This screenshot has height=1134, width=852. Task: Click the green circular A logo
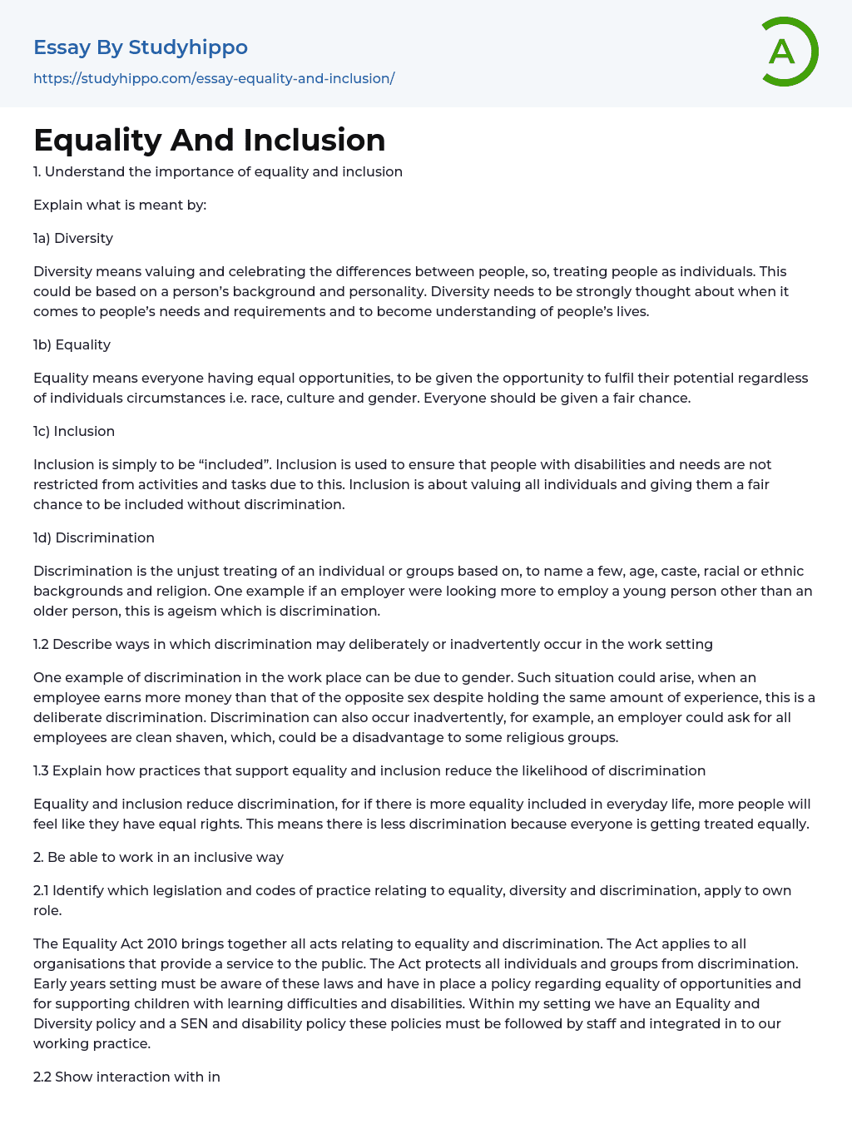tap(787, 52)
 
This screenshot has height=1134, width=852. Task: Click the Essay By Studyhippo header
tap(141, 47)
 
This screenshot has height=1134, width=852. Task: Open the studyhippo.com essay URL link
tap(214, 79)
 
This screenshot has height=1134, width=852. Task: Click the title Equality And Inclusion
tap(210, 140)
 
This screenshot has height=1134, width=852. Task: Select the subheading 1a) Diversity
tap(73, 239)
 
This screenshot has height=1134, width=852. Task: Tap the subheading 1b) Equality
tap(72, 345)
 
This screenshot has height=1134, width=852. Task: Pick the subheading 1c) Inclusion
tap(74, 432)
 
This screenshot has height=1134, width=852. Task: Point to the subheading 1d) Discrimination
tap(94, 538)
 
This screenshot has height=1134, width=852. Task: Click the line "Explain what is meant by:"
tap(120, 206)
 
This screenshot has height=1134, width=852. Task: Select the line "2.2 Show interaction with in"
tap(126, 1077)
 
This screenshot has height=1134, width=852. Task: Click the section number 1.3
tap(41, 771)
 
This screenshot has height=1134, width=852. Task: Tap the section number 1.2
tap(41, 645)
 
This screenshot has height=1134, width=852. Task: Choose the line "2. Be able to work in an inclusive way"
tap(158, 858)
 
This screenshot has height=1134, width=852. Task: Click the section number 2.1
tap(41, 891)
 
